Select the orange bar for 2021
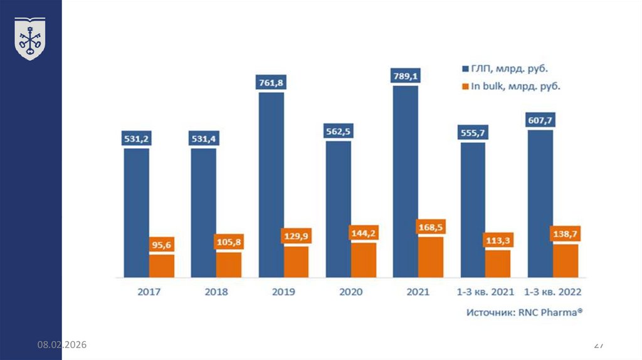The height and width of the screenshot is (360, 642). point(431,257)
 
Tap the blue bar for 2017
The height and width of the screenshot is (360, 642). point(136,213)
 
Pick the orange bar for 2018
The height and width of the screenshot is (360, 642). point(229,265)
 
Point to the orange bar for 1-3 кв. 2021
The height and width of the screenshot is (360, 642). point(498,263)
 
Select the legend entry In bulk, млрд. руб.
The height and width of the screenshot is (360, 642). point(511,87)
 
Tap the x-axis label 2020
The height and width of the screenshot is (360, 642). point(351,292)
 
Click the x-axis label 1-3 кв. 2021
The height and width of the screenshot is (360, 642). point(485,292)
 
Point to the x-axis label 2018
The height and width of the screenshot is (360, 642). point(216,292)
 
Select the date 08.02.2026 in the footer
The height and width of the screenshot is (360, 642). point(61,346)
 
